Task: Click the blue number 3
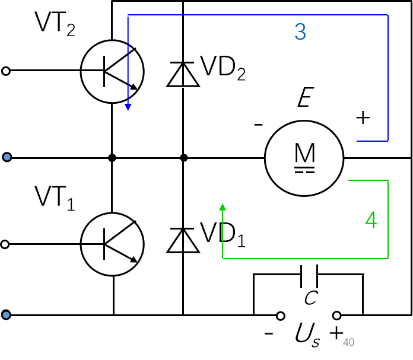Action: (300, 32)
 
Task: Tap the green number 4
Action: (371, 221)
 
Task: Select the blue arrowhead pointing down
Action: (128, 107)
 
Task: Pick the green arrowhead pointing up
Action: (223, 207)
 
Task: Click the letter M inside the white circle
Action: (305, 154)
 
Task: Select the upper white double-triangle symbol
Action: (183, 76)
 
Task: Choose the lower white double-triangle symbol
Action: (183, 242)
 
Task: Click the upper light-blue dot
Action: (7, 157)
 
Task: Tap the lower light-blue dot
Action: (6, 315)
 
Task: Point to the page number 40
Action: (348, 343)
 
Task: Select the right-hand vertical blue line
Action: (388, 77)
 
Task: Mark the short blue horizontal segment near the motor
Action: (373, 141)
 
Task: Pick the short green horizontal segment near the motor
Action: (368, 180)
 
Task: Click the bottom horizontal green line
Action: (306, 259)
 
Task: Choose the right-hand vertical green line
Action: (388, 219)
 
